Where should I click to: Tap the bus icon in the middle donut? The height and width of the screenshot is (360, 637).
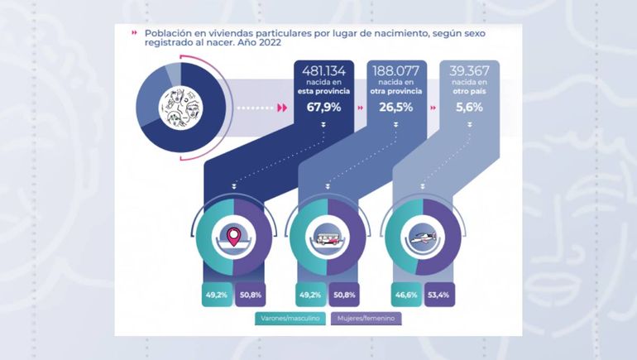point(328,237)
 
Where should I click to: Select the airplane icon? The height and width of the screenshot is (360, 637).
point(422,237)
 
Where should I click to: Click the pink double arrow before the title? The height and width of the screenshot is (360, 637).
point(135,34)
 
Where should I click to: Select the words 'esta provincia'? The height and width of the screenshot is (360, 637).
point(324,92)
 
